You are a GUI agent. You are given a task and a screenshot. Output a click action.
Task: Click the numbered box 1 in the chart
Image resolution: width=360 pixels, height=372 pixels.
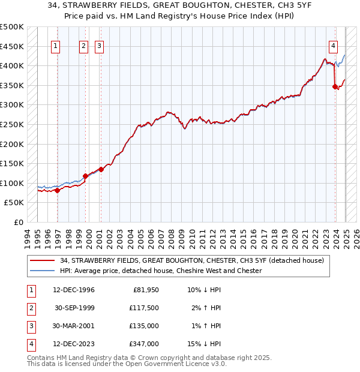55,46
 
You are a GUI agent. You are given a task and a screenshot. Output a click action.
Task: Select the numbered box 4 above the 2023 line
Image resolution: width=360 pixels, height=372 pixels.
333,46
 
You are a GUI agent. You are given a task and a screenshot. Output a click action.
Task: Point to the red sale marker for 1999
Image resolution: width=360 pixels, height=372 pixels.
85,176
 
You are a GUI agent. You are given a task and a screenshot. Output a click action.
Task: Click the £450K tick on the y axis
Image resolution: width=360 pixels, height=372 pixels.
12,46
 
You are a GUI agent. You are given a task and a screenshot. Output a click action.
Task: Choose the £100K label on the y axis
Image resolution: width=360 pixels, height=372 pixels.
12,183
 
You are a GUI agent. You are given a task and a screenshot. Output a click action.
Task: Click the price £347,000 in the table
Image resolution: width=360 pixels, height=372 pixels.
144,344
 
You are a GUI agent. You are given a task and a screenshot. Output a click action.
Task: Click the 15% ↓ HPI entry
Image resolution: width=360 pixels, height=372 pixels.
205,344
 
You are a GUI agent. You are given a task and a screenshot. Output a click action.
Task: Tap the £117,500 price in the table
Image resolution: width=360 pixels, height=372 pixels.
144,308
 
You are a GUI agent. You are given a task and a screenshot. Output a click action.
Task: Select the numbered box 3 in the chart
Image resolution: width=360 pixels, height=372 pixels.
99,46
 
